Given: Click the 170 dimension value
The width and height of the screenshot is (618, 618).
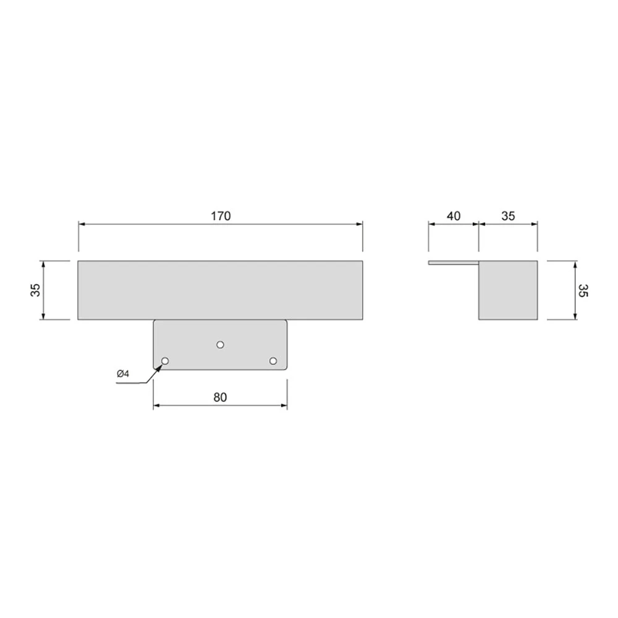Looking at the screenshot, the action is pos(221,216).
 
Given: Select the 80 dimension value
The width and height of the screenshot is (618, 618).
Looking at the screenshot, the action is pos(221,397).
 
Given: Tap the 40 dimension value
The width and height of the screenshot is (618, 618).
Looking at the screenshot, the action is pos(454,216).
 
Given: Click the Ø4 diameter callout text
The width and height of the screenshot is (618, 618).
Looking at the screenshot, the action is pos(123,374).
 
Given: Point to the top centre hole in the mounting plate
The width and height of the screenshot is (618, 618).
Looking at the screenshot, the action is pos(221,345).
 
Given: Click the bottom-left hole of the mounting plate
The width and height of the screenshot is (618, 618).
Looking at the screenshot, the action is pos(165,361).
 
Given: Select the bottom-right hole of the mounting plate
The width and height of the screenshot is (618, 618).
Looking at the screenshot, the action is pos(273,361).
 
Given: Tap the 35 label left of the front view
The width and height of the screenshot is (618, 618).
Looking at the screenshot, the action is pos(36,290).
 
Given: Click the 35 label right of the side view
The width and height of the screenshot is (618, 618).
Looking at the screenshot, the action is pos(583,290).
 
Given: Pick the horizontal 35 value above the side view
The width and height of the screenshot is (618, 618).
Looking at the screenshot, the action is pos(508,216).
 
